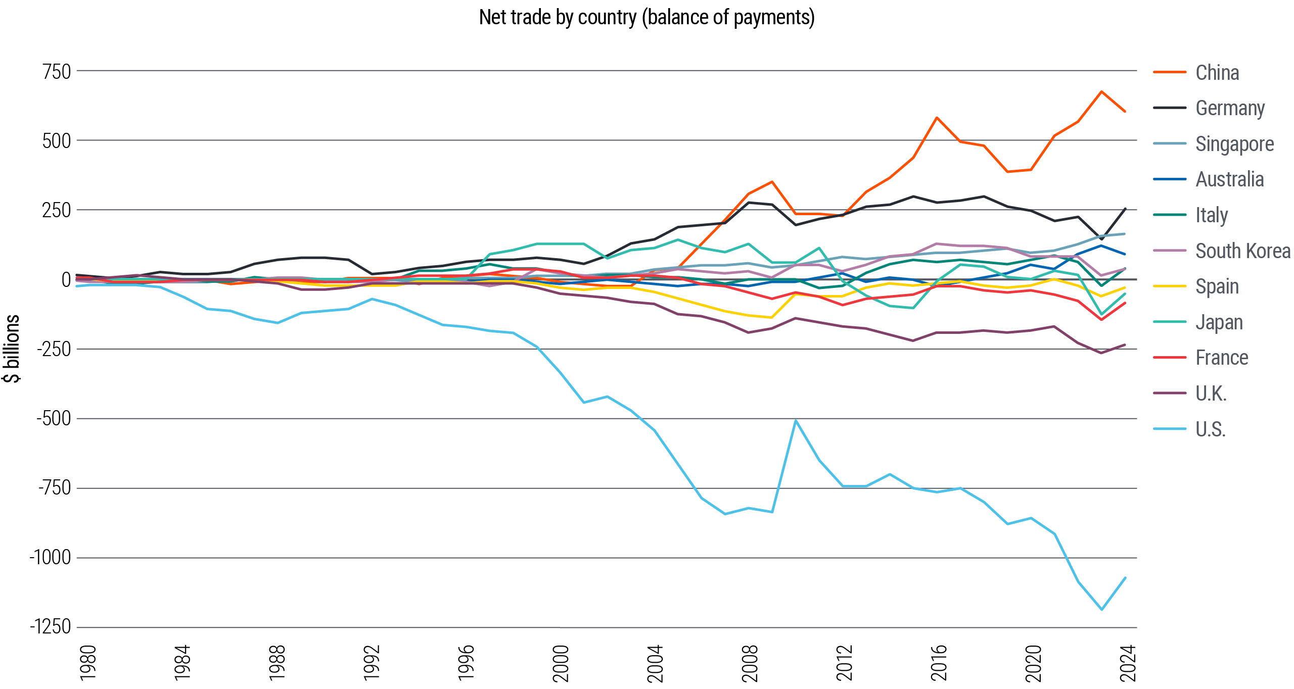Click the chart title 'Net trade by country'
(x=646, y=18)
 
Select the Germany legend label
(x=1230, y=108)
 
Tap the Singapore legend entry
(x=1234, y=144)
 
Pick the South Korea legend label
(x=1242, y=251)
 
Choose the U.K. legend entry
(x=1211, y=393)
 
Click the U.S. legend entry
(x=1210, y=429)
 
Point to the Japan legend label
(x=1219, y=322)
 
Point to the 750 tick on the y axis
(x=57, y=72)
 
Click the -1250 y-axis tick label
(x=51, y=627)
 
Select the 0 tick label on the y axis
(x=66, y=280)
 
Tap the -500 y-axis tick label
(x=54, y=419)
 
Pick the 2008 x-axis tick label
(x=750, y=663)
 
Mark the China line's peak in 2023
(x=1101, y=92)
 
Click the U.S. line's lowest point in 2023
(x=1101, y=609)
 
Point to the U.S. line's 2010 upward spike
(x=796, y=420)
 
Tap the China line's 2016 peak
(x=937, y=118)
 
